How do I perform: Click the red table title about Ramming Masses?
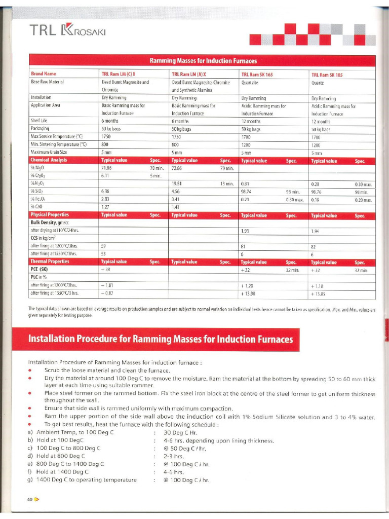[x=203, y=61]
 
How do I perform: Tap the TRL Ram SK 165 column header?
[x=257, y=74]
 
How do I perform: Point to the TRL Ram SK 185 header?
[x=327, y=75]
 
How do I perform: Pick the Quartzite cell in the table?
[x=250, y=82]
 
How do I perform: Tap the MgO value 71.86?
[x=106, y=167]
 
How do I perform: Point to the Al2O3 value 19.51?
[x=177, y=183]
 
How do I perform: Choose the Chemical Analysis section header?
[x=49, y=160]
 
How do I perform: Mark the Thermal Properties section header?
[x=50, y=262]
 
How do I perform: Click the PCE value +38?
[x=106, y=270]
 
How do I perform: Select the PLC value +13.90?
[x=248, y=293]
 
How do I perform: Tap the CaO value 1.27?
[x=105, y=207]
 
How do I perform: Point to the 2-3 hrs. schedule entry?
[x=173, y=456]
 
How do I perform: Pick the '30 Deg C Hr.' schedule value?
[x=180, y=432]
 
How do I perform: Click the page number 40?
[x=30, y=500]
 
